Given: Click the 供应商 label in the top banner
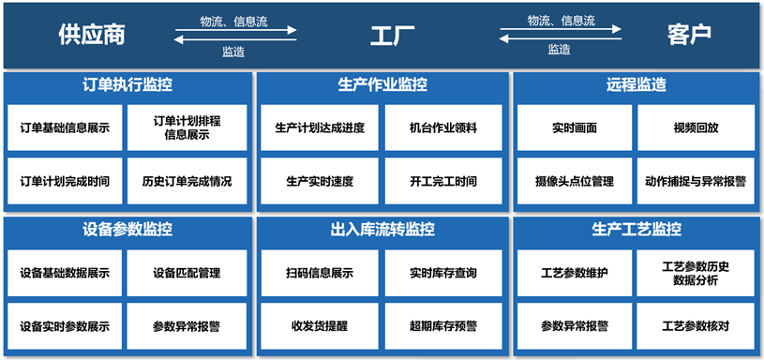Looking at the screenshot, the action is (91, 35).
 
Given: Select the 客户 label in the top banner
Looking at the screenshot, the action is (689, 35).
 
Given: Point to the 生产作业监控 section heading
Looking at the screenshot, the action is (382, 85).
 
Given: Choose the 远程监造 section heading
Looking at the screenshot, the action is (637, 85).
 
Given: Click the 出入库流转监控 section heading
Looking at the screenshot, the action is (382, 230).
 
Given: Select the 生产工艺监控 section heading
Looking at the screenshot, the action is (637, 230).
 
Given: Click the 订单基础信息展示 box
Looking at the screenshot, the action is (65, 128).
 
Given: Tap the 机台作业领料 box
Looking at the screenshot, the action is (443, 128).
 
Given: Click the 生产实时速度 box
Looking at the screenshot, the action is (320, 181).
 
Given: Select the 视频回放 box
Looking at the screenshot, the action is (696, 128).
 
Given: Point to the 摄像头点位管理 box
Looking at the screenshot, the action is (575, 181).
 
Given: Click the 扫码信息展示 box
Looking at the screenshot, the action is (320, 274).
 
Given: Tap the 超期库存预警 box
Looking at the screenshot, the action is (443, 326).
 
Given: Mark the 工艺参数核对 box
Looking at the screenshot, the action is (696, 326).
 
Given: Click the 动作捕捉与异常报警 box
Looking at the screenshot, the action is (696, 181).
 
